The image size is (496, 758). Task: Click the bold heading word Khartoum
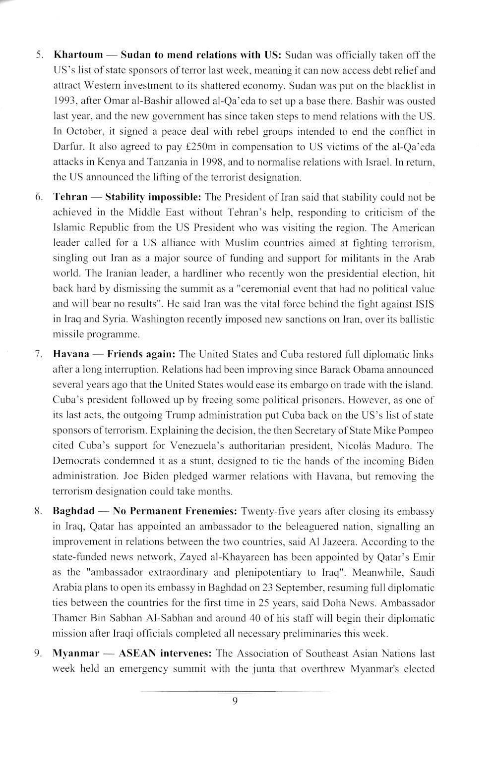pos(78,54)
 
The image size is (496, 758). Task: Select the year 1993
pos(63,101)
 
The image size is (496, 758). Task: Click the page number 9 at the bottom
pos(235,701)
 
